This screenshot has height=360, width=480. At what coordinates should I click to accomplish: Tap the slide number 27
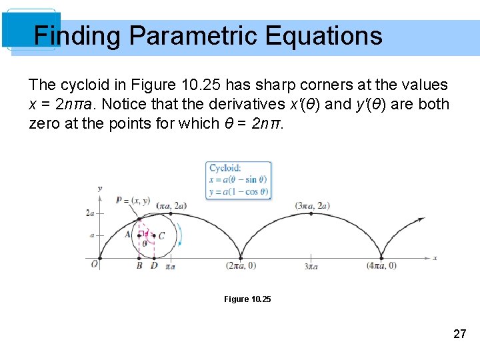coord(459,334)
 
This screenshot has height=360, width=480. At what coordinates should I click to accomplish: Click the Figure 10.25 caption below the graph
coord(247,299)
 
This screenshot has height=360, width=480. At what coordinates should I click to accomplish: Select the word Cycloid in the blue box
coord(225,168)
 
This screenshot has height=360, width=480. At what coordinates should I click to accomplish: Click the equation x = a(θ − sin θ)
coord(238,179)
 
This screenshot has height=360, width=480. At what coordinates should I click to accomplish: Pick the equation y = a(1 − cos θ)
coord(238,191)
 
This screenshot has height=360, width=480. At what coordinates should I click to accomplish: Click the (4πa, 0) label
coord(381,266)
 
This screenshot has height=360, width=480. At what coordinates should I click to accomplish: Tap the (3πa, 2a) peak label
coord(312,205)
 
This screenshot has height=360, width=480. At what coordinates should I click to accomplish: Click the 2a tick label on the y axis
coord(90,213)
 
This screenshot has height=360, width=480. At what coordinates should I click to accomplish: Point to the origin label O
coord(95,265)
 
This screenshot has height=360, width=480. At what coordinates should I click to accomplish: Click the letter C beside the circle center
coord(161,235)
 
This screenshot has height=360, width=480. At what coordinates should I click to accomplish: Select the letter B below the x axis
coord(139,266)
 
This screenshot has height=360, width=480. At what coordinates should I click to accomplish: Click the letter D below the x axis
coord(154,266)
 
